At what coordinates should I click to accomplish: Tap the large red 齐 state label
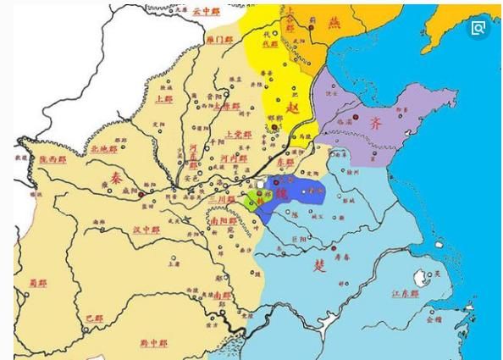pos(376,122)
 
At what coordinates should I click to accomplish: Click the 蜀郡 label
pos(37,283)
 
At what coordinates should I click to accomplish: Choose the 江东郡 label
pos(406,293)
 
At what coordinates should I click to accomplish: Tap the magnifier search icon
pos(478,29)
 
